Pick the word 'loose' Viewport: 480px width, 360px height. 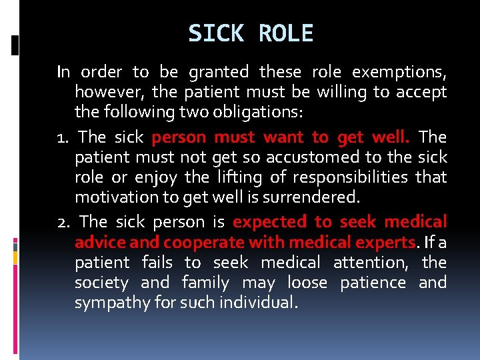pos(307,283)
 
